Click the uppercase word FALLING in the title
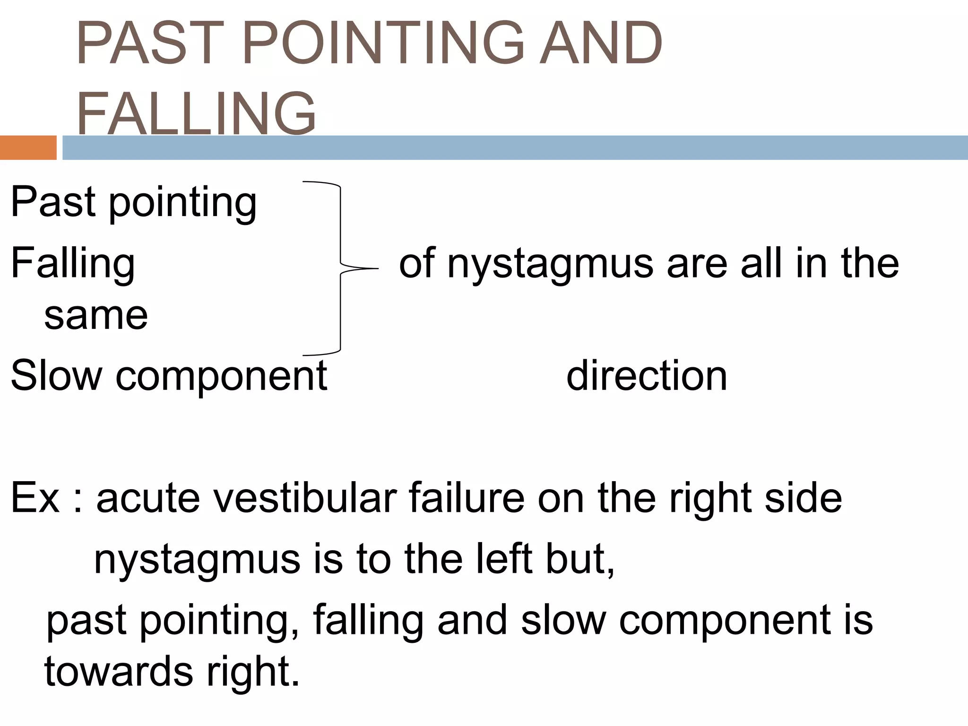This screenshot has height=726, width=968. click(x=196, y=113)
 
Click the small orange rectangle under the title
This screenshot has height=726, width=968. click(x=28, y=147)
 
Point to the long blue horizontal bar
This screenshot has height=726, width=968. click(x=515, y=147)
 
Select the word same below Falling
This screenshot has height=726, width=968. click(x=96, y=315)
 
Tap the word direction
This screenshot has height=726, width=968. click(x=647, y=376)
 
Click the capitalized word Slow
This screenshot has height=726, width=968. click(x=56, y=376)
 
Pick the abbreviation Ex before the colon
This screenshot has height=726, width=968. click(x=35, y=497)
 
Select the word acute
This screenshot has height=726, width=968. click(x=148, y=497)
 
